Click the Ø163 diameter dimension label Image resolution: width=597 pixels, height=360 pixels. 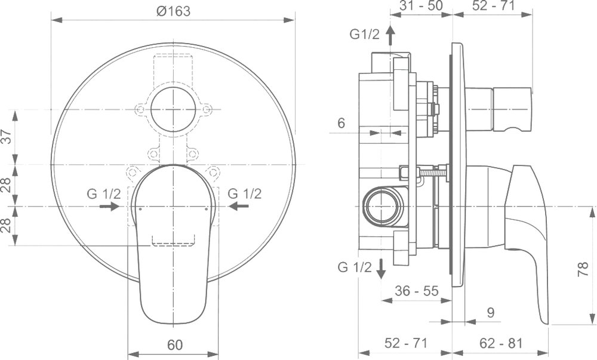tap(173, 11)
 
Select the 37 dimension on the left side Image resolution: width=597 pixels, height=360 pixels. tap(7, 137)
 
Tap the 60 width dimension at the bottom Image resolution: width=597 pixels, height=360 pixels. tap(175, 345)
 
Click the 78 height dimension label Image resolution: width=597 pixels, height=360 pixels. tap(583, 269)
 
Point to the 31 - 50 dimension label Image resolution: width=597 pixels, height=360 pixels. tap(421, 5)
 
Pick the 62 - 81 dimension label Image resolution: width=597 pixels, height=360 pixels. tap(501, 343)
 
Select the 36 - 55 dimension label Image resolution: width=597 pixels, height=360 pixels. tap(417, 291)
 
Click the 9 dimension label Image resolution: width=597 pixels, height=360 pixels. tap(491, 312)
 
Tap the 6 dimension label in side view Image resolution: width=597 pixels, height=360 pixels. tap(341, 123)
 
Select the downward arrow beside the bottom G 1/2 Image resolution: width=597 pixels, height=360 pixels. tap(381, 269)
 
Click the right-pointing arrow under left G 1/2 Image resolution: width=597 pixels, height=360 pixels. tap(110, 206)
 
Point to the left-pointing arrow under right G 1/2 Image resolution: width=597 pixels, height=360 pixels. tap(239, 206)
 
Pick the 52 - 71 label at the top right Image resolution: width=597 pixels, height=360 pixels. tap(494, 5)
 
